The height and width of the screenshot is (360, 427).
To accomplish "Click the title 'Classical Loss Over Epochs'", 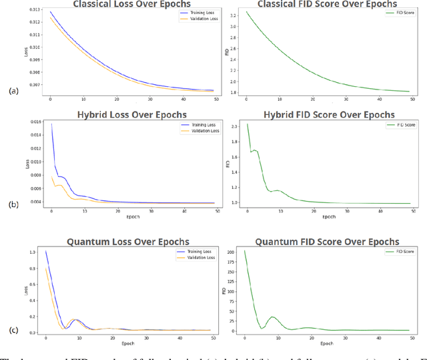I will [x=125, y=4].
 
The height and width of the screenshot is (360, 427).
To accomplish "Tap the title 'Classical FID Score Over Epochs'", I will [x=322, y=5].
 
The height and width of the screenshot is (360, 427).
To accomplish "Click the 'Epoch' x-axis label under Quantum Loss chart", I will [x=127, y=345].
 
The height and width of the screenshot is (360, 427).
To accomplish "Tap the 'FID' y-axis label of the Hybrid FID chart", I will [x=227, y=163].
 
